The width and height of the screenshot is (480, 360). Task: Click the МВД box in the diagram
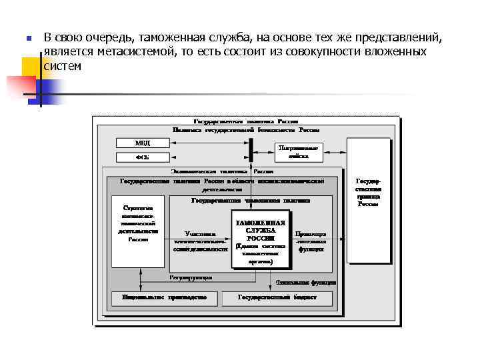[x=143, y=143]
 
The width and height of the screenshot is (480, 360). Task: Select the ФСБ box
[x=143, y=157]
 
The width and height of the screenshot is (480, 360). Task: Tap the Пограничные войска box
[x=299, y=151]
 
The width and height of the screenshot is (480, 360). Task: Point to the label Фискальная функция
[x=311, y=282]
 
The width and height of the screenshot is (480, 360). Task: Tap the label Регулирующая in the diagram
[x=191, y=277]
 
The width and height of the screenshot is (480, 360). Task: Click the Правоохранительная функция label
[x=311, y=241]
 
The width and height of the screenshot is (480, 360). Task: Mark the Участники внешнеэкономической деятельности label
[x=200, y=241]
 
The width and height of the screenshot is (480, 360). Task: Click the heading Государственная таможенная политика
[x=251, y=200]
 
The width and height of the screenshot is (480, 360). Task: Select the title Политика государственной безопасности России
[x=246, y=130]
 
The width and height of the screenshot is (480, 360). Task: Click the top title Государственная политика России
[x=246, y=122]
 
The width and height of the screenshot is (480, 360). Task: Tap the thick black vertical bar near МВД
[x=251, y=149]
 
